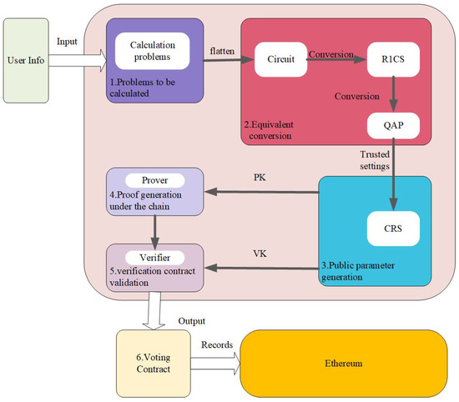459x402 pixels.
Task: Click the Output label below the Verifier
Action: click(193, 319)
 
